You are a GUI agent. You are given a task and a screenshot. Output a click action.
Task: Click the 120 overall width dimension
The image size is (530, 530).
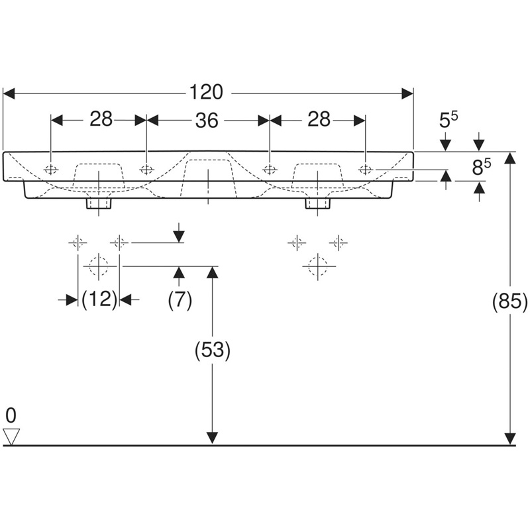click(206, 93)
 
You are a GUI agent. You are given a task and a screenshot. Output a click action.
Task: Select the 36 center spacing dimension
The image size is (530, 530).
click(207, 121)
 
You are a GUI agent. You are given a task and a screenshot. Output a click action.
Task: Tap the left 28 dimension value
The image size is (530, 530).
click(101, 119)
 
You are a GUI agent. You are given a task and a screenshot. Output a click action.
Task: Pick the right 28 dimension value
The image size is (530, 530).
click(319, 119)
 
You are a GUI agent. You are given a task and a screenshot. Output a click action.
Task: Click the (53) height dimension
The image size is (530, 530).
click(212, 350)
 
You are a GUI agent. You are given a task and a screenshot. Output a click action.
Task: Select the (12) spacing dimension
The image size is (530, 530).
click(99, 299)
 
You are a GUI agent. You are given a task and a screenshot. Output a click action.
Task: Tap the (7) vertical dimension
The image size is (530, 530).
click(180, 299)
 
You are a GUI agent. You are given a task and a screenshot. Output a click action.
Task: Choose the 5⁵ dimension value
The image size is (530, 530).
click(449, 120)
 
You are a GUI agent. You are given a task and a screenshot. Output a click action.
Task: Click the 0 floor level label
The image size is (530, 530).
click(11, 415)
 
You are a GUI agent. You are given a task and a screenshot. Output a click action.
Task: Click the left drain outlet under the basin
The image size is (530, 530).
click(99, 203)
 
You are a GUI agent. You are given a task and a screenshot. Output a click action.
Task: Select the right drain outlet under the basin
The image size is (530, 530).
click(318, 203)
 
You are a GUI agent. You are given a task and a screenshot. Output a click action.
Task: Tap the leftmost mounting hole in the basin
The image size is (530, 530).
click(51, 169)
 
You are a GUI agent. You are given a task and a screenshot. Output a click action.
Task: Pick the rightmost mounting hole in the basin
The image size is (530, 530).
click(366, 169)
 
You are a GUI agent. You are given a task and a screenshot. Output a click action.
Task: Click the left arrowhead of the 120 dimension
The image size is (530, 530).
click(9, 93)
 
